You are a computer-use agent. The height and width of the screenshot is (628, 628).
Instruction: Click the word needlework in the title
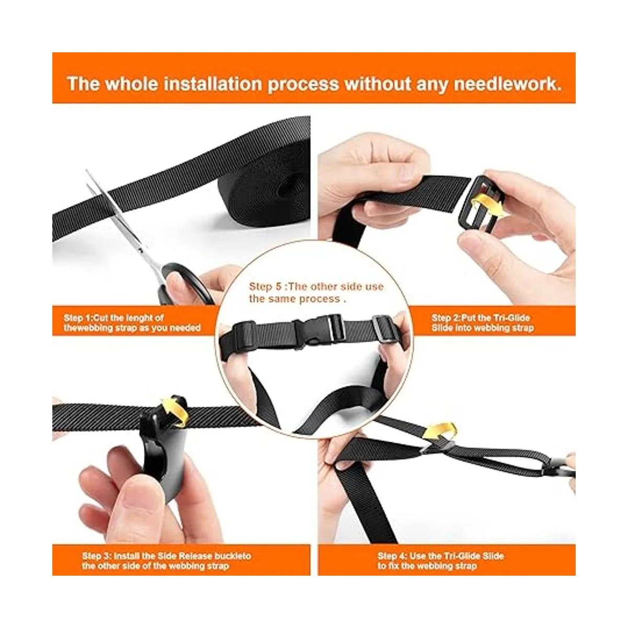click(508, 84)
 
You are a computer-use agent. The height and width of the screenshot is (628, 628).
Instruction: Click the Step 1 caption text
click(132, 323)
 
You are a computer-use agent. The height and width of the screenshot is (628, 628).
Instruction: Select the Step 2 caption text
click(483, 323)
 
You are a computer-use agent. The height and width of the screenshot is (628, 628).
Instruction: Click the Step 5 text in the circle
click(316, 293)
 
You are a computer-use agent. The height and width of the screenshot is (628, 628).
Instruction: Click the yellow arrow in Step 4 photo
click(440, 432)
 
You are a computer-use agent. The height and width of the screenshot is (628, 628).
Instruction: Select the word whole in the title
click(131, 84)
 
